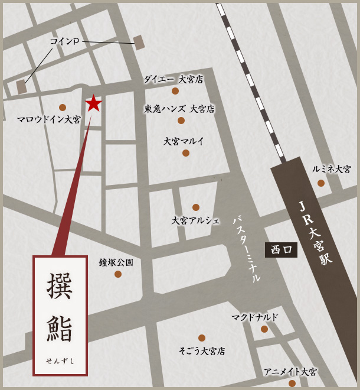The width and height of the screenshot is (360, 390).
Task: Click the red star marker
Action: (93, 103)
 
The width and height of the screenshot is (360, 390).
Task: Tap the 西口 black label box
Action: (281, 250)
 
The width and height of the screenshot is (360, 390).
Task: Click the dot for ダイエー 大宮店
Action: (175, 91)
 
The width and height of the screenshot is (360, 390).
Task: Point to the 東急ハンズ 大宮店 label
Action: (179, 109)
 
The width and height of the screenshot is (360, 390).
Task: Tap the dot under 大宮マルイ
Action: (186, 153)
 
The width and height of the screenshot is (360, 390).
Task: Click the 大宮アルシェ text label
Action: (195, 220)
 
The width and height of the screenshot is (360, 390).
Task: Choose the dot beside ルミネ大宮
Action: (321, 183)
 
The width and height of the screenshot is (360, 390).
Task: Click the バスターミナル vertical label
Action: (247, 249)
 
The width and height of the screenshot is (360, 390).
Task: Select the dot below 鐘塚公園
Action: (118, 274)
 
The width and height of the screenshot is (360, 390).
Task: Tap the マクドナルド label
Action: (254, 317)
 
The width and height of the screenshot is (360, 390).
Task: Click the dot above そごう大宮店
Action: (202, 338)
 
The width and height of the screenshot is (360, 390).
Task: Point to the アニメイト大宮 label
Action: (290, 372)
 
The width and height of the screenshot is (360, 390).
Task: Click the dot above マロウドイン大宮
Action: (63, 108)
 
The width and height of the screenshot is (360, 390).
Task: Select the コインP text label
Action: (65, 41)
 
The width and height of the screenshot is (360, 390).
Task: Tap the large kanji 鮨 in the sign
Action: (60, 329)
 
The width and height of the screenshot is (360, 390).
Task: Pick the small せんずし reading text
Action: (60, 360)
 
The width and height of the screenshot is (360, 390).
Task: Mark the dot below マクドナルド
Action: (264, 329)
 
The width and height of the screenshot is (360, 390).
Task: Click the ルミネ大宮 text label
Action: (332, 169)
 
